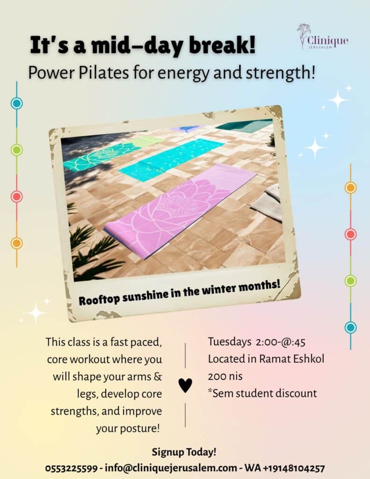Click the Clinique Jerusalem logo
click(x=322, y=36)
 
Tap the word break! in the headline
click(x=222, y=45)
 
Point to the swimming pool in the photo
click(x=245, y=125)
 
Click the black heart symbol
click(x=185, y=385)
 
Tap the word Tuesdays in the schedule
click(x=230, y=342)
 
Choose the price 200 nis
click(x=225, y=376)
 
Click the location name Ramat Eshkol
click(x=291, y=359)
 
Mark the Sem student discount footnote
click(x=262, y=393)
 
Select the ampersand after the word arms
click(x=158, y=377)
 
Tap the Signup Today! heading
click(x=184, y=452)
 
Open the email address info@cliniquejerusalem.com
click(x=171, y=468)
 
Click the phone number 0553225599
click(x=72, y=468)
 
